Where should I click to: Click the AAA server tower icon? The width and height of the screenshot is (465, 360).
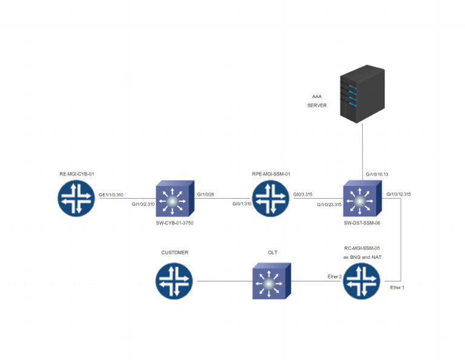click(362, 95)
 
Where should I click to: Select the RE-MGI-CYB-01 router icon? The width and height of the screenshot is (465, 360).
click(77, 198)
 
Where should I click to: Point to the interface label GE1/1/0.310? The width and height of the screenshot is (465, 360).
click(111, 195)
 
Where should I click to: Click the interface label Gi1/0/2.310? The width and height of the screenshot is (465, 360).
click(144, 204)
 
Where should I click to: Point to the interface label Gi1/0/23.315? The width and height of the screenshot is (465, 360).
click(329, 204)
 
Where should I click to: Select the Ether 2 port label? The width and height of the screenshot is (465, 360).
click(334, 276)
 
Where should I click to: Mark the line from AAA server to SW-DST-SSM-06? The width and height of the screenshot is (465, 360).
click(362, 152)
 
